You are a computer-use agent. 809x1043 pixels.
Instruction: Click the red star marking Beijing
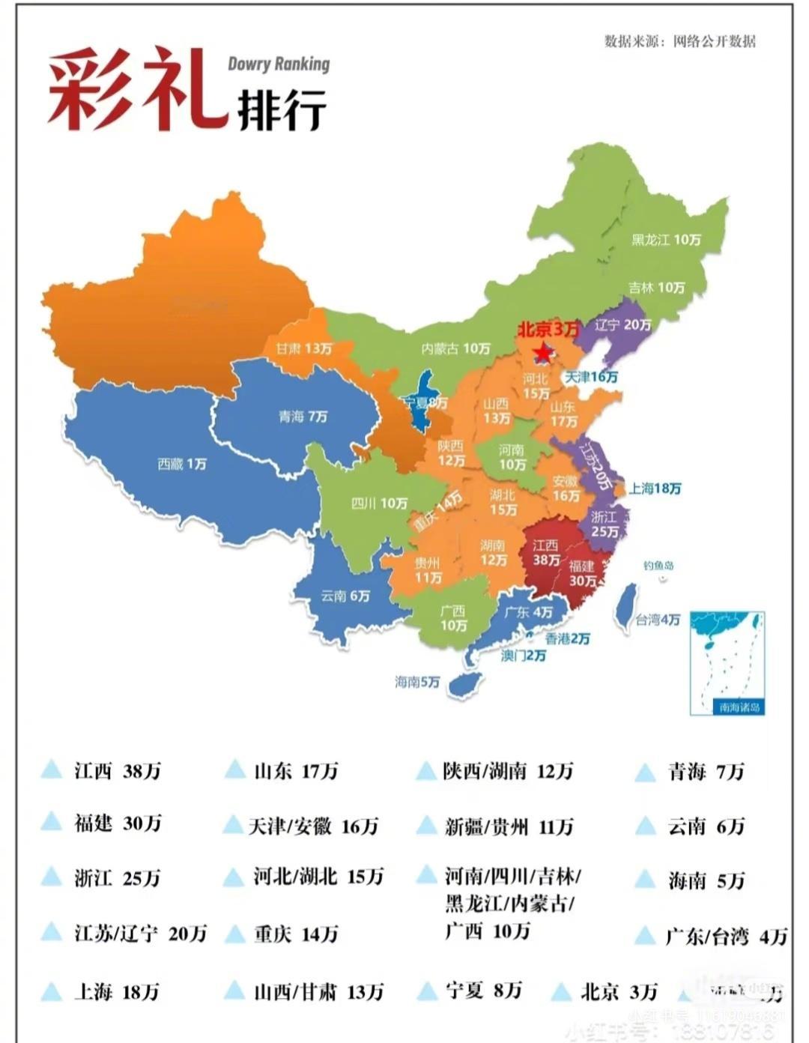[542, 351]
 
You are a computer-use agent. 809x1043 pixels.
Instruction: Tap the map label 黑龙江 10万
[666, 240]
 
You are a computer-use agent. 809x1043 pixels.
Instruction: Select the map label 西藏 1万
[182, 465]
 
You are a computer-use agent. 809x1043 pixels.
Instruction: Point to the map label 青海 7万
[303, 417]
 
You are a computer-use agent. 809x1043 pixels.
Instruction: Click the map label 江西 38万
[546, 553]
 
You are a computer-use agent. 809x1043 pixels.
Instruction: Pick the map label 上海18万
[655, 489]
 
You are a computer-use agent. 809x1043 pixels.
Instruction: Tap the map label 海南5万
[417, 683]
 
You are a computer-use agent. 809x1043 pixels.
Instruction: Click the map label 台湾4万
[658, 620]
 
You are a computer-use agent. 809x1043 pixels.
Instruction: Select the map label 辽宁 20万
[622, 325]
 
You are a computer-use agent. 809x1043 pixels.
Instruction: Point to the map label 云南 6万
[345, 596]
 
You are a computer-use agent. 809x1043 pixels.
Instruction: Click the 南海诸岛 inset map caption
[739, 707]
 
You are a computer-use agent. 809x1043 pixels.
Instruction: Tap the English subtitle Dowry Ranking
[279, 64]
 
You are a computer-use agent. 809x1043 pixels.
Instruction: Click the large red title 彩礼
[137, 90]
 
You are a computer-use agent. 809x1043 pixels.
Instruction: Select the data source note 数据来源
[679, 41]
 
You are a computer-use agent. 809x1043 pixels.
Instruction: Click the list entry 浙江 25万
[117, 878]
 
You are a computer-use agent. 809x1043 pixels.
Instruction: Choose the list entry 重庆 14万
[296, 934]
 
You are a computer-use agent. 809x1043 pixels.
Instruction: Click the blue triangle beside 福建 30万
[52, 821]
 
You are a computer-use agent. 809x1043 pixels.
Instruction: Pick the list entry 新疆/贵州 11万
[509, 826]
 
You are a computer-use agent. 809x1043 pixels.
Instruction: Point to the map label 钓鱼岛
[658, 566]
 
